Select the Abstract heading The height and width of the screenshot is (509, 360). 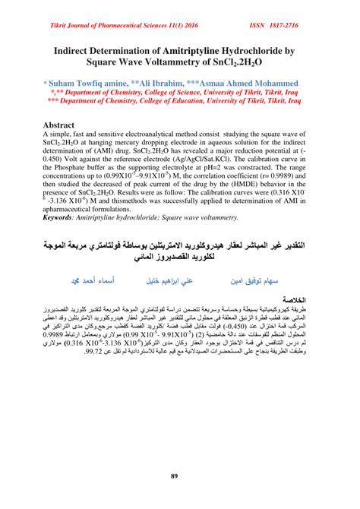tap(63, 124)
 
